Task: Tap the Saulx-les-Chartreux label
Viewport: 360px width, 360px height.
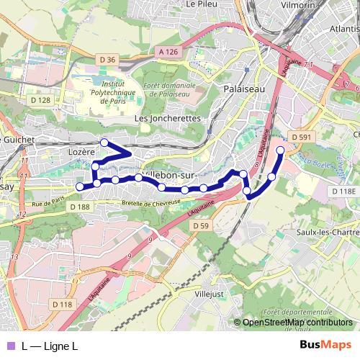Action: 328,233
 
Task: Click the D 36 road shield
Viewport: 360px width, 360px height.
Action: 108,59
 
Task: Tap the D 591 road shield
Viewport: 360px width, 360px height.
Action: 302,136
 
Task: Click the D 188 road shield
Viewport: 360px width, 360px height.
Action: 81,207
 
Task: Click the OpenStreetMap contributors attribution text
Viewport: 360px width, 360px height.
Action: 297,323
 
